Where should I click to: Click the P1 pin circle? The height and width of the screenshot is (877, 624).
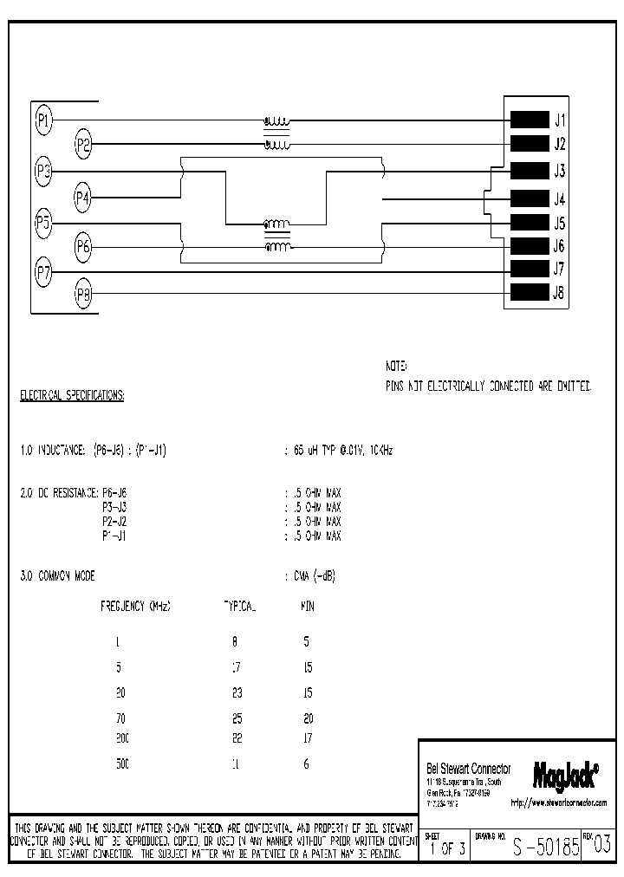coord(43,119)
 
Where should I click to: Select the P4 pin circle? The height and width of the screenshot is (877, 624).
coord(83,198)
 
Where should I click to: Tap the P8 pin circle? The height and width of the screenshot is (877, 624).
coord(83,294)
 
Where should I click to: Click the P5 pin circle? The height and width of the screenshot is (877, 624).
coord(43,222)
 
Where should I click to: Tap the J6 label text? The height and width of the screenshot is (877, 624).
coord(560,246)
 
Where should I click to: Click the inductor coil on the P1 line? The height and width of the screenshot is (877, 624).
coord(277,120)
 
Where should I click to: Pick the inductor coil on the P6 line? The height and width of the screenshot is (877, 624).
coord(277,247)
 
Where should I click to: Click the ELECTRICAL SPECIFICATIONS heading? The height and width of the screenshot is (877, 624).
coord(72,396)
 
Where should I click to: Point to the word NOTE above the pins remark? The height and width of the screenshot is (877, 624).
coord(396,367)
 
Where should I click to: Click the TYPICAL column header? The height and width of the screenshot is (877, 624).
coord(240,607)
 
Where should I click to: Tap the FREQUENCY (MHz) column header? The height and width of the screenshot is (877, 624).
coord(136,607)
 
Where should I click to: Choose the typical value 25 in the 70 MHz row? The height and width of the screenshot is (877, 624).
coord(237,718)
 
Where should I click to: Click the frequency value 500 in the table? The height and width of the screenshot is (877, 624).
coord(121,764)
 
